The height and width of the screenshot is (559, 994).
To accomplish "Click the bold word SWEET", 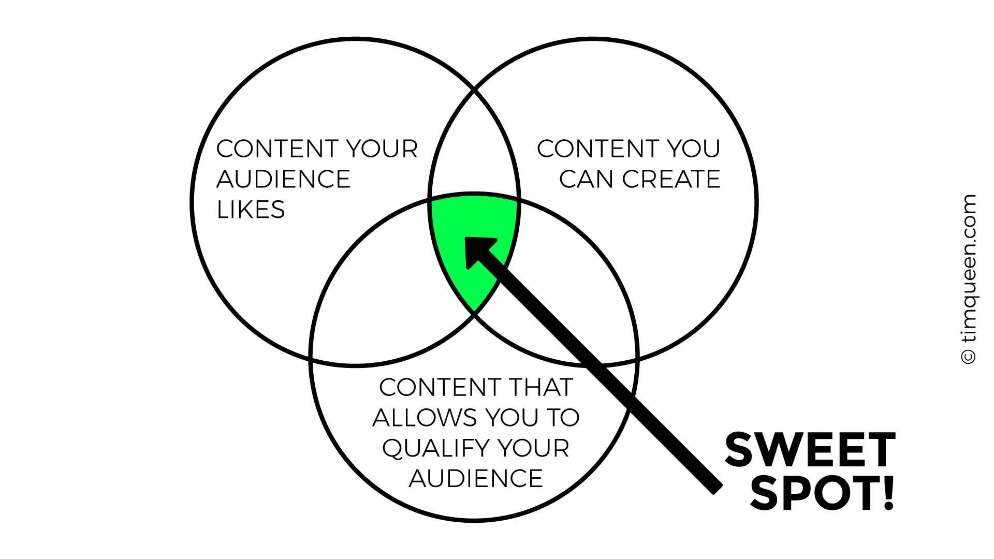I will pyautogui.click(x=810, y=451).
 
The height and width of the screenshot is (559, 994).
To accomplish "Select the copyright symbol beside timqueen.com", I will pyautogui.click(x=968, y=356).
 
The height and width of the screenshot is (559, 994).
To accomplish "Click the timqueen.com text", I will pyautogui.click(x=968, y=269).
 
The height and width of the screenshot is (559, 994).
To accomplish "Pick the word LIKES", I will pyautogui.click(x=251, y=210).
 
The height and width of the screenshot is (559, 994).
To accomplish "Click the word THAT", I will pyautogui.click(x=541, y=387).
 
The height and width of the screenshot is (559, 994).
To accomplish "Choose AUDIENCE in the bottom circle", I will pyautogui.click(x=476, y=478).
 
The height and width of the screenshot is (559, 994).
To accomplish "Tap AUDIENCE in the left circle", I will pyautogui.click(x=284, y=179).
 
